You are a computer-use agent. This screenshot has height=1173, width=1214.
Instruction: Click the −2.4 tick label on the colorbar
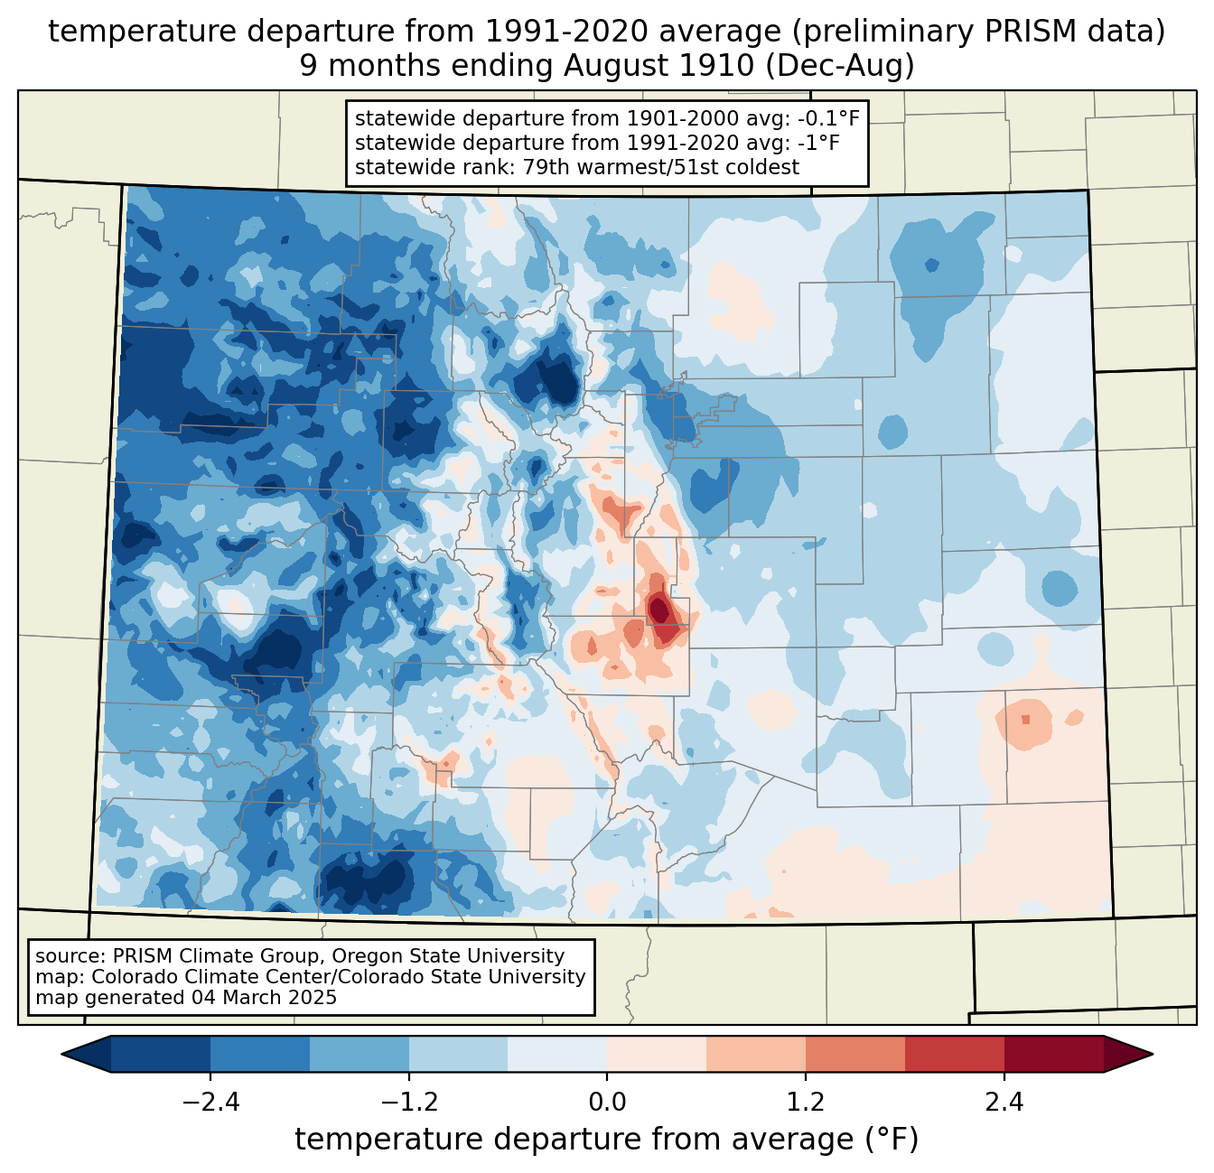click(x=210, y=1103)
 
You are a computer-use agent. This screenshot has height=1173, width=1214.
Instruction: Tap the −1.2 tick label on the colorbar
click(x=408, y=1103)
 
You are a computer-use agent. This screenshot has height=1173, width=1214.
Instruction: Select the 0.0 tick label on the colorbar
click(x=607, y=1103)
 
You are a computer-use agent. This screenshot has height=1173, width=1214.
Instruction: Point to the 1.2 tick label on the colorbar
click(x=806, y=1103)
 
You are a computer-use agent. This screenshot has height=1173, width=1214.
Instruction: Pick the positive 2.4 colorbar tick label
click(x=1004, y=1103)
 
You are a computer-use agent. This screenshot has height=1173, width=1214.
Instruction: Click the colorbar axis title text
click(x=607, y=1140)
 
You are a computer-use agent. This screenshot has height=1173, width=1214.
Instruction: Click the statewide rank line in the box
click(x=577, y=167)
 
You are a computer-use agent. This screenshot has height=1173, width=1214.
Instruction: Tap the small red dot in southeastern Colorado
click(x=1025, y=720)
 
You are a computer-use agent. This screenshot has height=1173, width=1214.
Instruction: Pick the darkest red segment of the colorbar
click(x=1053, y=1054)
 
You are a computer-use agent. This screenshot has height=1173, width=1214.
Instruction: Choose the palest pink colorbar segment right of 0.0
click(x=657, y=1054)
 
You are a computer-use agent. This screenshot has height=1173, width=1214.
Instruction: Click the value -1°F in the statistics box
click(x=818, y=143)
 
